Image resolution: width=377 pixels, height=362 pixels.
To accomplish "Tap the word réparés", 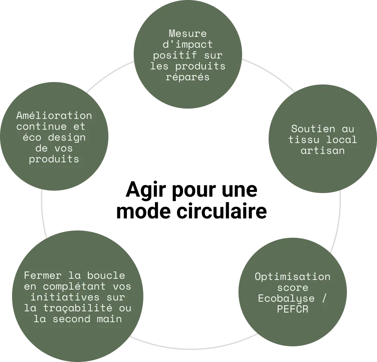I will [187, 77].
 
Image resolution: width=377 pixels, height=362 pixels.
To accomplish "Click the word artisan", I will [323, 151].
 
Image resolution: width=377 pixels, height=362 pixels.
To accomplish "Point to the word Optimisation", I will [292, 277].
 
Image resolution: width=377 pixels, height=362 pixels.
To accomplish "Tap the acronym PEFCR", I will [292, 310].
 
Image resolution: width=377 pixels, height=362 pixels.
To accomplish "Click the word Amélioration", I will [54, 116].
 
